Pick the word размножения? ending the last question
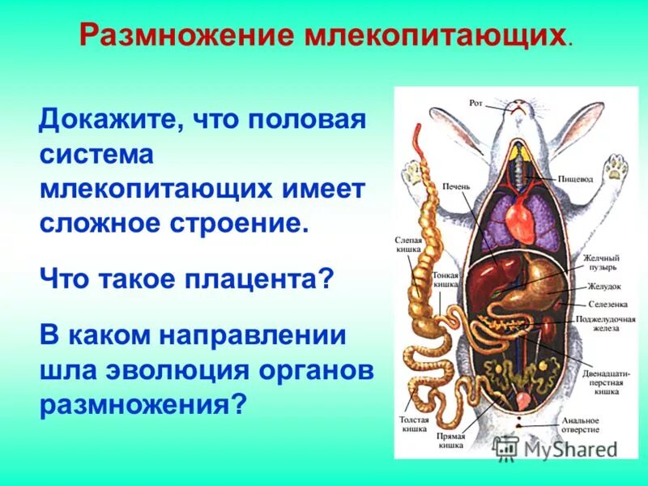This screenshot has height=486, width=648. coord(142,403)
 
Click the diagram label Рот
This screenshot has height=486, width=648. coord(475,103)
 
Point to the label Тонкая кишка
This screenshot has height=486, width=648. coord(446,280)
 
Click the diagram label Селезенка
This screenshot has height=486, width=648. coord(602,304)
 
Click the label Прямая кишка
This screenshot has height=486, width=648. coord(451,440)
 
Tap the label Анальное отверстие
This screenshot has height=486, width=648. coord(581,424)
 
